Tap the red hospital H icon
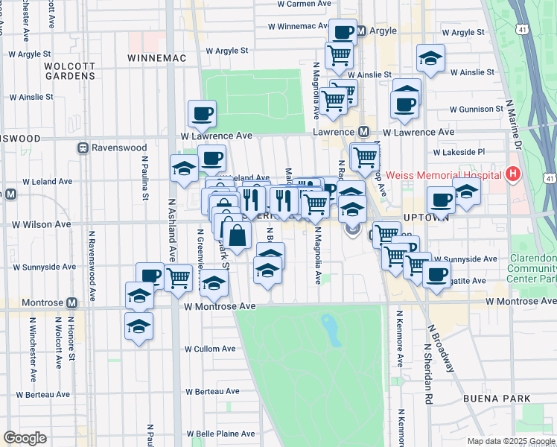click(512, 174)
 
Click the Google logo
click(25, 438)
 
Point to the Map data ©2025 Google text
click(510, 441)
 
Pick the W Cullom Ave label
click(209, 349)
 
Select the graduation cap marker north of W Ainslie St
click(430, 60)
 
